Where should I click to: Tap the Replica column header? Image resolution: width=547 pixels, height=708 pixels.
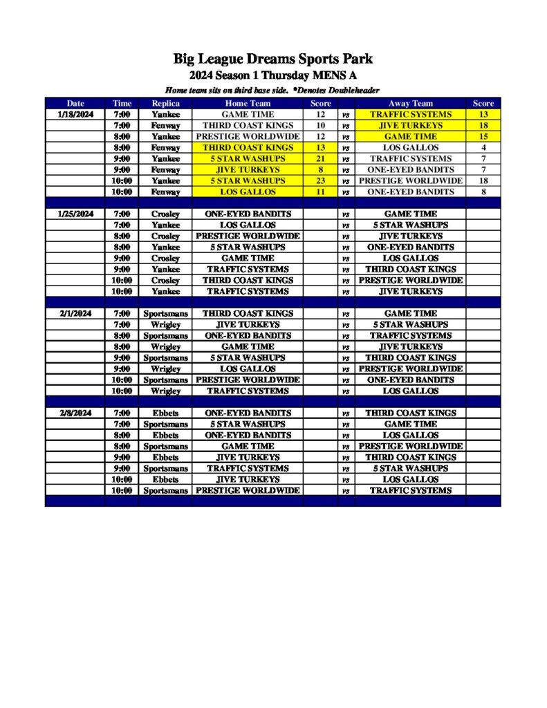pyautogui.click(x=165, y=103)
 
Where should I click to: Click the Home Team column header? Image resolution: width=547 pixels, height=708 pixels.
pyautogui.click(x=248, y=103)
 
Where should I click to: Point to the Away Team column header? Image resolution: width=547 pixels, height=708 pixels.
pyautogui.click(x=411, y=103)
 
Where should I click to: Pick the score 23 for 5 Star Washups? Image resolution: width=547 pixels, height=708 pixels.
pyautogui.click(x=320, y=180)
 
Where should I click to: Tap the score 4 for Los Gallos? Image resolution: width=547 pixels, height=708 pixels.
pyautogui.click(x=483, y=147)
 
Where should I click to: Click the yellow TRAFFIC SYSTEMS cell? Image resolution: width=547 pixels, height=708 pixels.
pyautogui.click(x=411, y=114)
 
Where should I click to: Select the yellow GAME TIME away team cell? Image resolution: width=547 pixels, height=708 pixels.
pyautogui.click(x=411, y=136)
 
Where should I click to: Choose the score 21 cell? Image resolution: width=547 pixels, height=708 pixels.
pyautogui.click(x=320, y=158)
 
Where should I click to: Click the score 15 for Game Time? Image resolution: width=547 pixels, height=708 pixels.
pyautogui.click(x=483, y=136)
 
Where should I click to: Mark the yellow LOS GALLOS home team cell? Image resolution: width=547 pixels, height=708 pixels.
pyautogui.click(x=248, y=192)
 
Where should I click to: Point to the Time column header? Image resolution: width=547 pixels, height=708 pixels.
pyautogui.click(x=122, y=103)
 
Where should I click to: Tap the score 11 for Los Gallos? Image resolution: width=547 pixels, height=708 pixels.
pyautogui.click(x=320, y=192)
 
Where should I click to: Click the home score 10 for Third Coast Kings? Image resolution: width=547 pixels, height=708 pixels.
pyautogui.click(x=320, y=125)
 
